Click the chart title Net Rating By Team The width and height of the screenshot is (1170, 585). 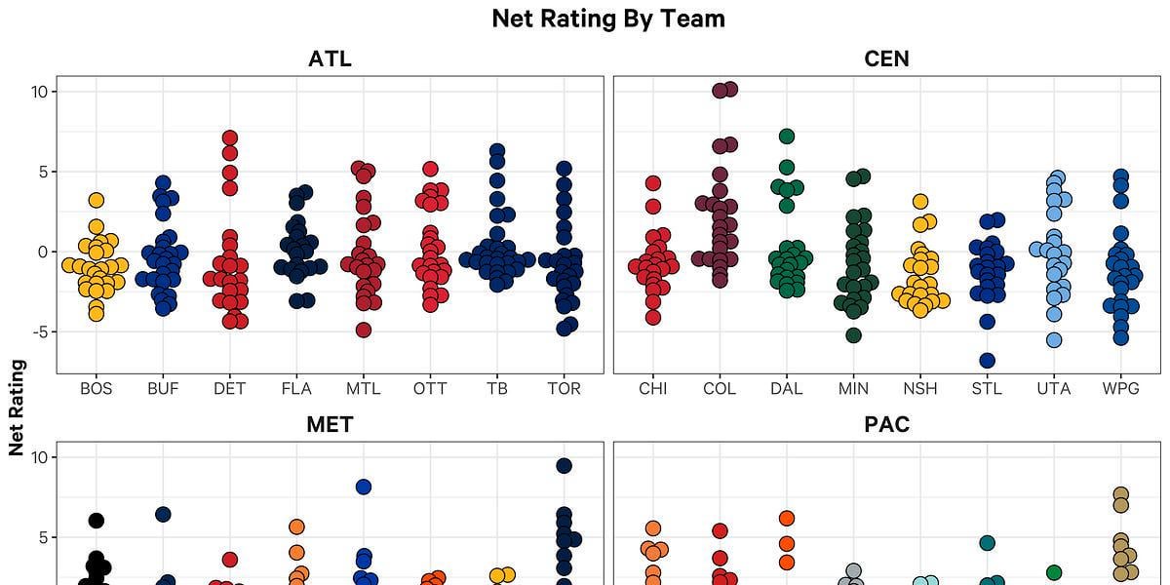coord(607,19)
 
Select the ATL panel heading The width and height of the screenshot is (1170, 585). coord(330,58)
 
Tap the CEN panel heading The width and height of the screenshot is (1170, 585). coord(886,58)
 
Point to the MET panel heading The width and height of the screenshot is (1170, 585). coord(330,424)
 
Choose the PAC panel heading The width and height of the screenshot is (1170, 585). coord(886,424)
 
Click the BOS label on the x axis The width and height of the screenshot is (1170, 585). coord(96,388)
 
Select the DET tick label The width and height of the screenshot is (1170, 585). coord(229,388)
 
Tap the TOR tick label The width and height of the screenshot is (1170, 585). coord(564,388)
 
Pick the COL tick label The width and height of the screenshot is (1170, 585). coord(720,388)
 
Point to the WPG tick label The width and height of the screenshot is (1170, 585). coord(1120,388)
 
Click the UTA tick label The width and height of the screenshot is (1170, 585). coord(1053,388)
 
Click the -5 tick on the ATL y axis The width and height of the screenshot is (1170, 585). coord(40,331)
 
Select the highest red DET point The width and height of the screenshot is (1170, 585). coord(229,138)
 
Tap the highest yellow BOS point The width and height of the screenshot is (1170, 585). coord(96,201)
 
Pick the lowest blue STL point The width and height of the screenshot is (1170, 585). coord(987,360)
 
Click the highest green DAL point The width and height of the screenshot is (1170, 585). coord(787,136)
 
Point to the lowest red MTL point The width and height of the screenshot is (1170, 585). coord(363,330)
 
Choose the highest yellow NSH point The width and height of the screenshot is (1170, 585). coord(919,202)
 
